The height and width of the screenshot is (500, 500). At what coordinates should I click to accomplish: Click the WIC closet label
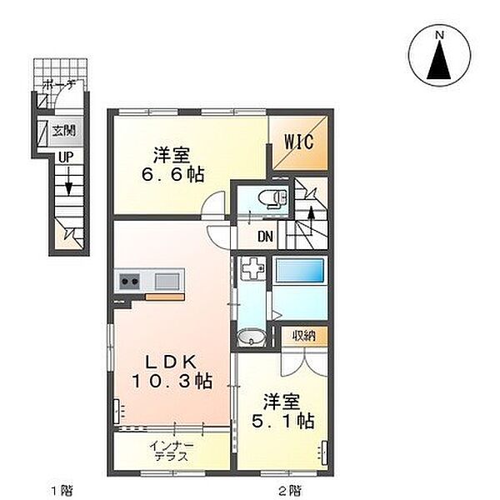[299, 142]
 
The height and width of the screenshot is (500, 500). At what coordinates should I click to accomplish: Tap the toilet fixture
[274, 199]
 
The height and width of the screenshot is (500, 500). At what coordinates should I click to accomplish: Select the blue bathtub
[299, 270]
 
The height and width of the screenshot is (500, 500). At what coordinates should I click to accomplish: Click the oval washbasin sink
[252, 337]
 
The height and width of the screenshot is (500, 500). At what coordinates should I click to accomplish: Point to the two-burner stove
[129, 282]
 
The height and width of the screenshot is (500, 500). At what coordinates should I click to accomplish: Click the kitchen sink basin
[167, 281]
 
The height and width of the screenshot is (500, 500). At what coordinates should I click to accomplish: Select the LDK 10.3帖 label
[172, 371]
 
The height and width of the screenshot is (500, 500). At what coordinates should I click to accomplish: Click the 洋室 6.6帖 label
[172, 164]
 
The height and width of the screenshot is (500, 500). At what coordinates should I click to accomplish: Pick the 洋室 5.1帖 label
[282, 411]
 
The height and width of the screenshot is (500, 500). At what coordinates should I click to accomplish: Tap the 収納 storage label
[304, 336]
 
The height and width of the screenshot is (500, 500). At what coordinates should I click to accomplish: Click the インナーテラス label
[171, 451]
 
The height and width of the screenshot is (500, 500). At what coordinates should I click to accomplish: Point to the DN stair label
[265, 237]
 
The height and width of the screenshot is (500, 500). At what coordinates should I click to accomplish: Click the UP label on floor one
[66, 157]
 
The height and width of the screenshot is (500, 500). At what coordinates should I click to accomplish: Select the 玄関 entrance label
[64, 131]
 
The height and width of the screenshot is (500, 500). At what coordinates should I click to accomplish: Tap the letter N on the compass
[440, 35]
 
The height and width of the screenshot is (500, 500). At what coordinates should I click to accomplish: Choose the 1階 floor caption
[62, 489]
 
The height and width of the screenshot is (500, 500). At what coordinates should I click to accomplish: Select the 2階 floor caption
[289, 489]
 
